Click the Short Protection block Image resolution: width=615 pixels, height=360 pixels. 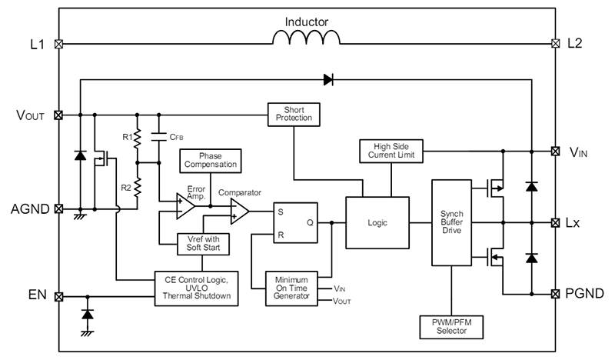tap(293, 114)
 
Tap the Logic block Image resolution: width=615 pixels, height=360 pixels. tap(377, 222)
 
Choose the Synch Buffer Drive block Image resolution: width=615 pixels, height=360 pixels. tap(452, 222)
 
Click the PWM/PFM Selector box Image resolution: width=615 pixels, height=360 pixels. tap(452, 326)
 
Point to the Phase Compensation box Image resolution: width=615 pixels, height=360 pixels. tap(209, 160)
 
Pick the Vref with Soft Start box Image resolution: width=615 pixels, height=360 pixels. tap(203, 244)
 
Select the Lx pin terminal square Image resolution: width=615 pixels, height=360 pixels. tap(555, 222)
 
